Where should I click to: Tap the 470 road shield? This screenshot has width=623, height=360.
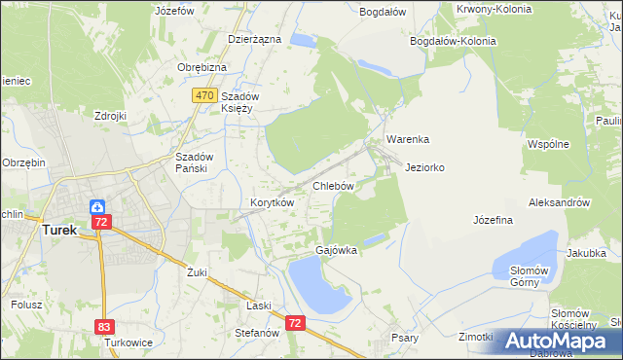tap(203, 95)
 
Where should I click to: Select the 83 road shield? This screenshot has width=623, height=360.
tap(104, 327)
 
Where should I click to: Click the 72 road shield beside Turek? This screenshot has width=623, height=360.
tap(102, 223)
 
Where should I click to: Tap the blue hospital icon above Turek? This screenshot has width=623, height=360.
tap(97, 206)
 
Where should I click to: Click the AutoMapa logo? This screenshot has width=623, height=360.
tap(562, 341)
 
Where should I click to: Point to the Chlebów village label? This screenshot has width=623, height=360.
tap(332, 185)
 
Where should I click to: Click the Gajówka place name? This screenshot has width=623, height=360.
tap(337, 250)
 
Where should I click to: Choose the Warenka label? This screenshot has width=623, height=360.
tap(407, 139)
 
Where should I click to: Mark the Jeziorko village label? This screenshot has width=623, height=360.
tap(424, 167)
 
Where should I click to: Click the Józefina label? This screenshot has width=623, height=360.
tap(493, 220)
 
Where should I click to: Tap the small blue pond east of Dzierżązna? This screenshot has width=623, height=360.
tap(304, 41)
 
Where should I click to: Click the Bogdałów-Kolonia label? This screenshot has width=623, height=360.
tap(453, 41)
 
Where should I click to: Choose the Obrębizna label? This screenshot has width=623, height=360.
tap(202, 67)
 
